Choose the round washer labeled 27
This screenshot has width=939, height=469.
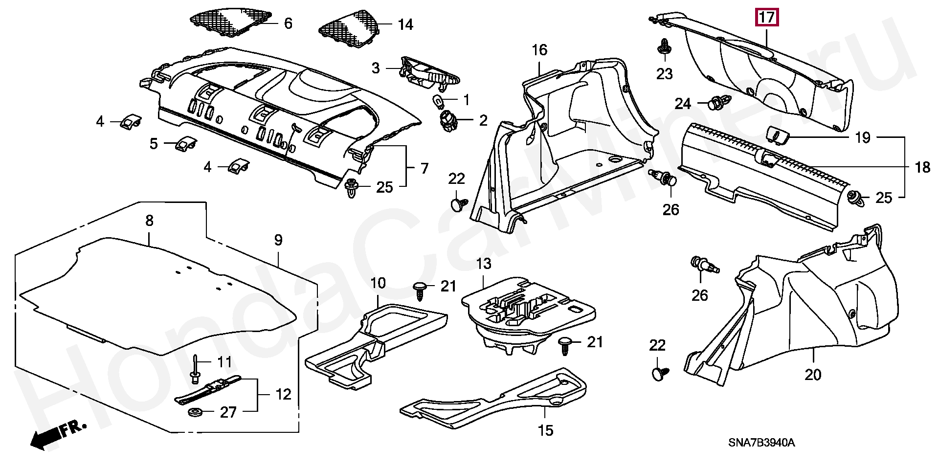(x=197, y=412)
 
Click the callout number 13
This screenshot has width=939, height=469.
(x=483, y=264)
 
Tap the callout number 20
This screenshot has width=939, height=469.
(x=813, y=375)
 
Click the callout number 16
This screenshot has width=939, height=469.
(x=539, y=50)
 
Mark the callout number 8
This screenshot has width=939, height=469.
(x=149, y=221)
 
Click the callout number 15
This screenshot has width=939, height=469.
(x=545, y=430)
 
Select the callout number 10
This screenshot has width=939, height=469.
(x=378, y=283)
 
